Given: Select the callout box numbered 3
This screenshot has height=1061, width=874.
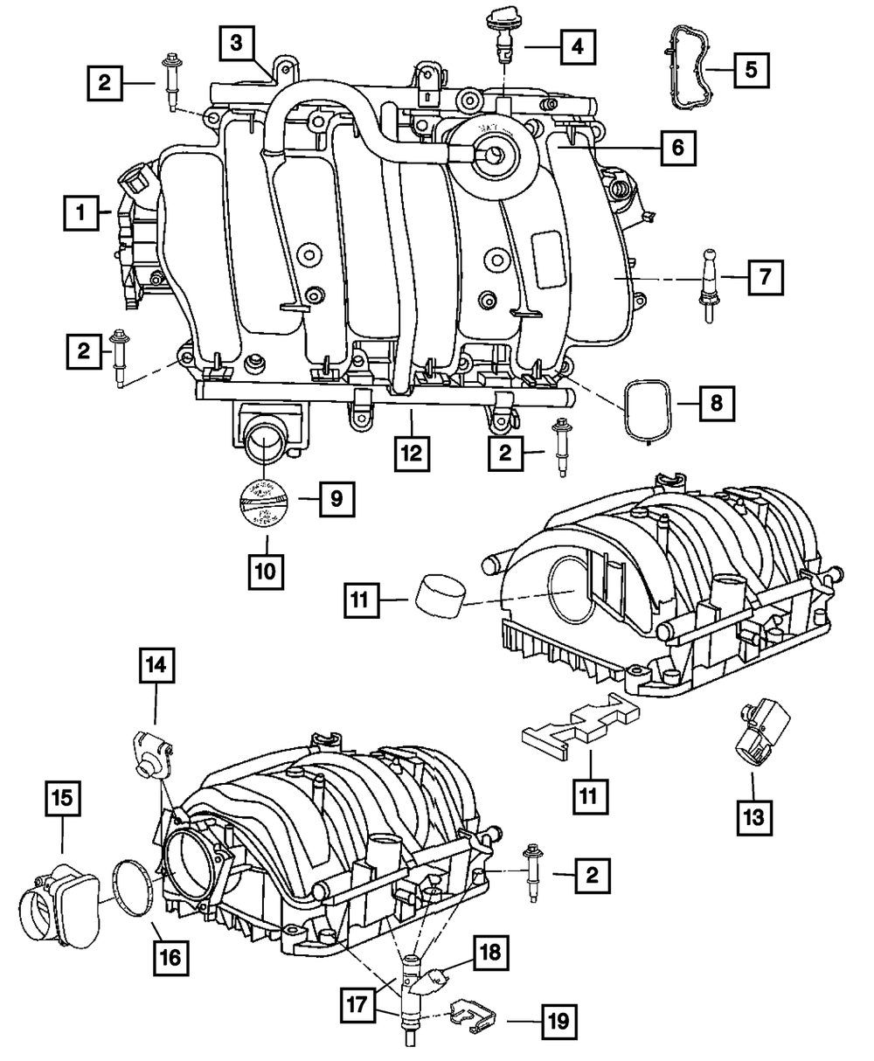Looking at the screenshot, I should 236,42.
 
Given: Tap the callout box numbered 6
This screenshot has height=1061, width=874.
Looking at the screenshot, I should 678,149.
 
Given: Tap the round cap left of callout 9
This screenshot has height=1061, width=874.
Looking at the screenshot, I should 264,504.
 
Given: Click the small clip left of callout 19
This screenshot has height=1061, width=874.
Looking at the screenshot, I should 469,1016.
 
